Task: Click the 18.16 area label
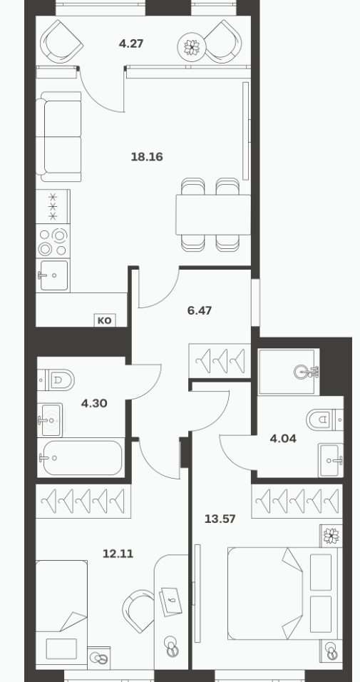(x=147, y=156)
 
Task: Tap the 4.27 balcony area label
(x=131, y=44)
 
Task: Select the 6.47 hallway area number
(x=199, y=310)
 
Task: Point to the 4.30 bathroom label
(x=94, y=404)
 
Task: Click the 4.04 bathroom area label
(x=283, y=439)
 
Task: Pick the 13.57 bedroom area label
(x=220, y=519)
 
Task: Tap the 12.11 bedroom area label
(x=118, y=554)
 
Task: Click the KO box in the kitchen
(x=105, y=320)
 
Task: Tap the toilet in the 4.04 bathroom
(x=324, y=419)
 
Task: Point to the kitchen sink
(x=54, y=275)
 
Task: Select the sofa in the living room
(x=58, y=136)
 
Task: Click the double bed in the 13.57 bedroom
(x=282, y=594)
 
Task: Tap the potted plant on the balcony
(x=191, y=46)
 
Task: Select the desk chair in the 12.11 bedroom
(x=138, y=610)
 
